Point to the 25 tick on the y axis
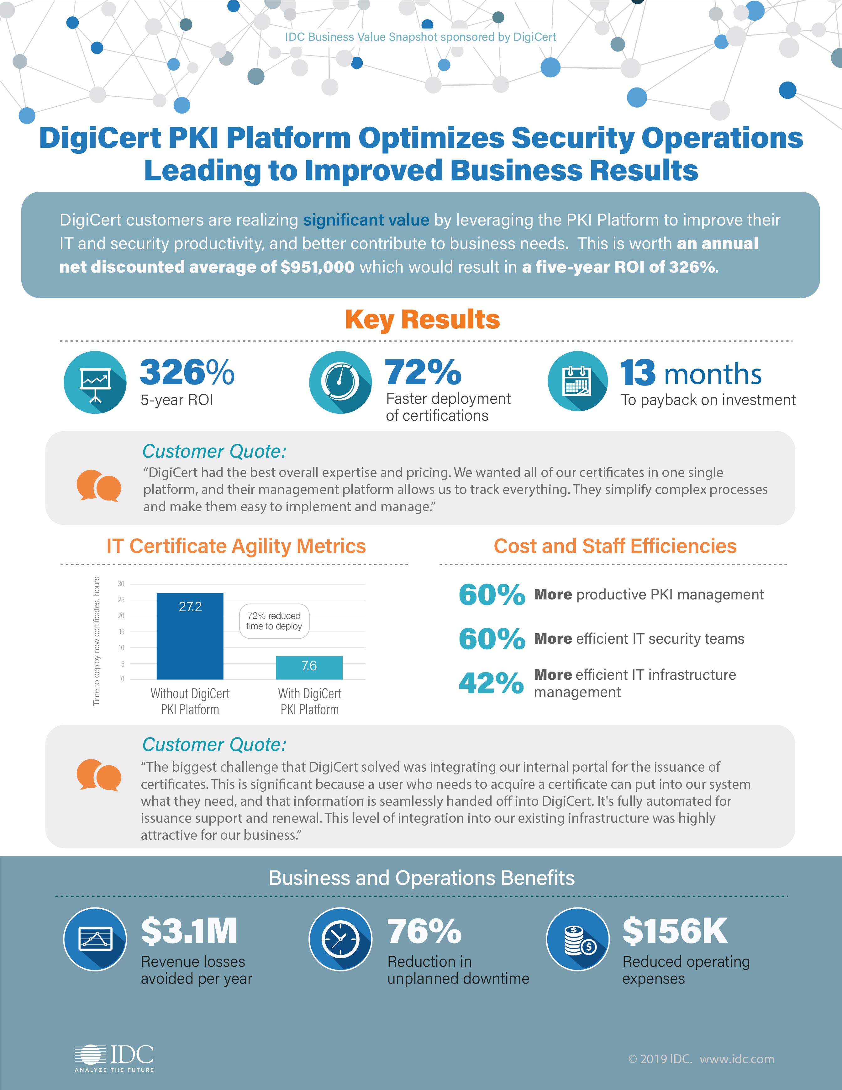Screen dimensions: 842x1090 click(121, 600)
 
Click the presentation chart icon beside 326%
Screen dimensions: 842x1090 click(95, 382)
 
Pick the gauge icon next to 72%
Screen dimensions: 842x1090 click(340, 382)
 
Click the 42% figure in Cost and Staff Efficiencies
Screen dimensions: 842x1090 click(491, 683)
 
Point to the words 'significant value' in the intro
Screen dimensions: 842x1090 click(366, 220)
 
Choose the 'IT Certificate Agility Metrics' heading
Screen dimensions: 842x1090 click(236, 546)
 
